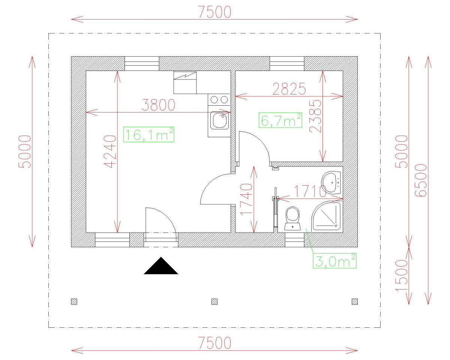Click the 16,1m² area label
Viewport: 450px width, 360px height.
click(x=148, y=134)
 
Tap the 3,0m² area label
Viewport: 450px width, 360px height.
click(x=334, y=261)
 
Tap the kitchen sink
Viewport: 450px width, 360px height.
click(x=219, y=121)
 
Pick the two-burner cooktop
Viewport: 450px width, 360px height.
click(x=219, y=99)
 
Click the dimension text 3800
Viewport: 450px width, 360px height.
click(x=158, y=105)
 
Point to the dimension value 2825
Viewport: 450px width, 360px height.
click(x=289, y=89)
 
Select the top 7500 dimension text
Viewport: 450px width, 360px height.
click(x=214, y=12)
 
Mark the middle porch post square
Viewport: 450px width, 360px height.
click(x=214, y=301)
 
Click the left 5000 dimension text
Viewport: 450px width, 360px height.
click(x=26, y=151)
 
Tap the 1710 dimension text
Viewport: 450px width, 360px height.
click(x=310, y=191)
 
